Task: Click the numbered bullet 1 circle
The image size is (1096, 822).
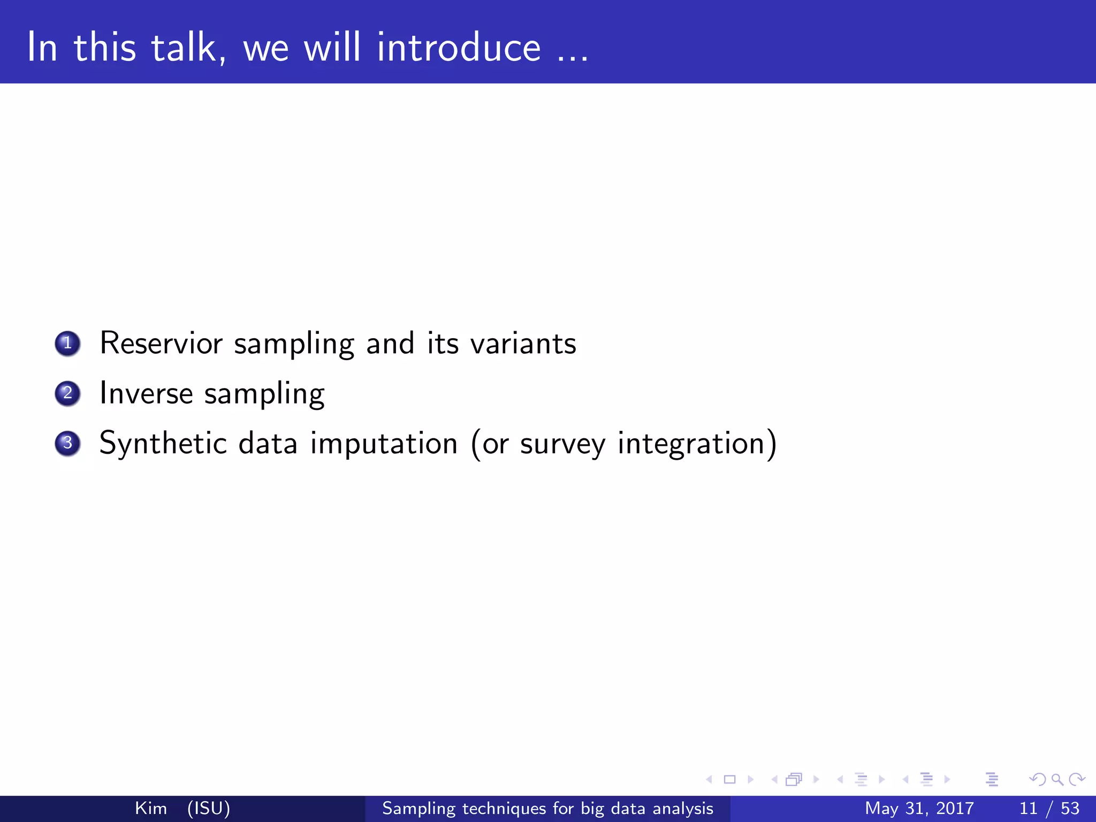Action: pos(67,343)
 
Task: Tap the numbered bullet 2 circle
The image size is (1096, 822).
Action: pos(67,393)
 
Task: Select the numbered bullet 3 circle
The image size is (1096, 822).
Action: pos(67,443)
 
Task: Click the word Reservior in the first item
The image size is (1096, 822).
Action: pos(161,343)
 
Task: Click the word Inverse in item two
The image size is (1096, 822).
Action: pos(146,393)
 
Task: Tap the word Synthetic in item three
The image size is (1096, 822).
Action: pos(163,444)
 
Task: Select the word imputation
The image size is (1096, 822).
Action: pos(384,444)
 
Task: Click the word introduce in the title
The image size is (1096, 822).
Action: pos(459,48)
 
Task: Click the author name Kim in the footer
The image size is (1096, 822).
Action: pos(151,808)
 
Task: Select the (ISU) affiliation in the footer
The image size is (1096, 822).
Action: pos(209,808)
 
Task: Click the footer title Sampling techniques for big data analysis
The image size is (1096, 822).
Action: pos(547,808)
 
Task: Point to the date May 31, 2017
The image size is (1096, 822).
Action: pos(919,808)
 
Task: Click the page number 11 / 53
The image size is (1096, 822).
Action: pos(1049,808)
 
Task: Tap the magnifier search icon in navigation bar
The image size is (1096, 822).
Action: pos(1057,780)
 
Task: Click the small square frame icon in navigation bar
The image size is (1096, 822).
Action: pos(729,780)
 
